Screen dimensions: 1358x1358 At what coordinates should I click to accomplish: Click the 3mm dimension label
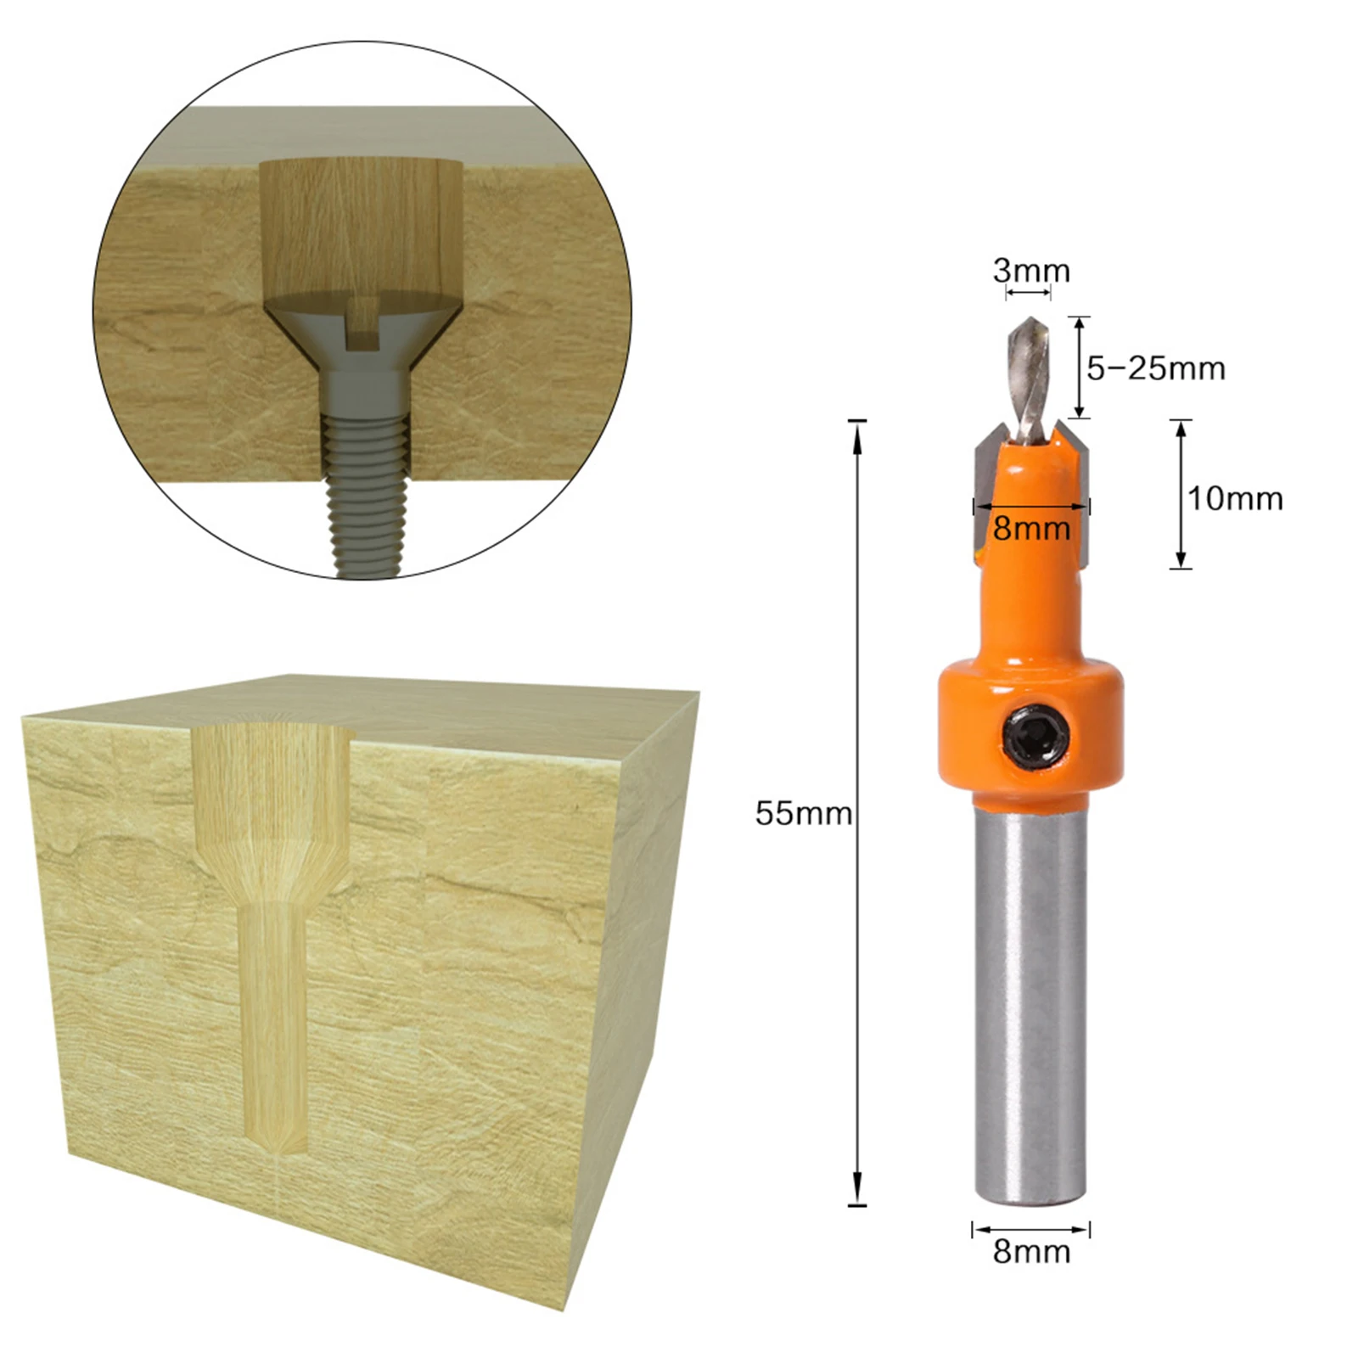tap(1031, 272)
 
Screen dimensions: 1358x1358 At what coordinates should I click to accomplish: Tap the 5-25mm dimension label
tap(1156, 368)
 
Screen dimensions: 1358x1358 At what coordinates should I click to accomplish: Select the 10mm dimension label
tap(1234, 498)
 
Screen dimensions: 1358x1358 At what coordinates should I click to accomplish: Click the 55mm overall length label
tap(803, 813)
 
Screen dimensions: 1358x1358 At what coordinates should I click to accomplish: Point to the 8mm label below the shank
tap(1031, 1252)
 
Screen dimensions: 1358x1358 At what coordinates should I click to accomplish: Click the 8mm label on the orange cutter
tap(1031, 529)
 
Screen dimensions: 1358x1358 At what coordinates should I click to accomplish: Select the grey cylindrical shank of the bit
tap(1030, 1002)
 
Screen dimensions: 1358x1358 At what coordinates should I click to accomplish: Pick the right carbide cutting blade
tap(1076, 492)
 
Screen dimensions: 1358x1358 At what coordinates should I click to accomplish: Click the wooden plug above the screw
tap(361, 225)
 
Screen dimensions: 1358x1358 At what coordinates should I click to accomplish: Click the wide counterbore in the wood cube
tap(272, 789)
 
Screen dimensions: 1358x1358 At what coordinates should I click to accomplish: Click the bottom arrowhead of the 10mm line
tap(1181, 560)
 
